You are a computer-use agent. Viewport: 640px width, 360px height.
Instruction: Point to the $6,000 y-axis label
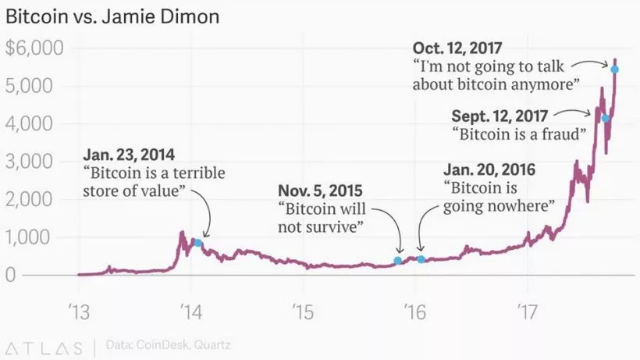(34, 48)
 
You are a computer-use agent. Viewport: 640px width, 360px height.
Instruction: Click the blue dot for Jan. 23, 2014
(198, 244)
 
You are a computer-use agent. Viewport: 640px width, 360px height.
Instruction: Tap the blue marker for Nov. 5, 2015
(398, 261)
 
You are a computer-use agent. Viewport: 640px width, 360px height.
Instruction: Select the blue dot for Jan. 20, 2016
(421, 259)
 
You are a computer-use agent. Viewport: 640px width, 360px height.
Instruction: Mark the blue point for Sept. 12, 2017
(606, 119)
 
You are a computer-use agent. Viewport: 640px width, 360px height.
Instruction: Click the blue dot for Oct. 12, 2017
(615, 70)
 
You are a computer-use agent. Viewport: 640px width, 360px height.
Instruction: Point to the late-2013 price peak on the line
(182, 232)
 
